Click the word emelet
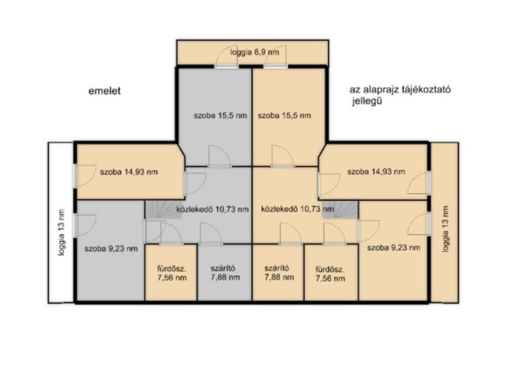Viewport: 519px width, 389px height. coord(105,92)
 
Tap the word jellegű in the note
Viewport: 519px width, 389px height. coord(367,104)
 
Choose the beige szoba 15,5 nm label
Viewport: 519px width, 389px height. coord(284,116)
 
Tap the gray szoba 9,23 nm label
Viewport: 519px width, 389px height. coord(111,248)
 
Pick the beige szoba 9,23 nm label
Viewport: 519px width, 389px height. coord(392,247)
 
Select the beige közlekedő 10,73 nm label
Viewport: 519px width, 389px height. coord(294,208)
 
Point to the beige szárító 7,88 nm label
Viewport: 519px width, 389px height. coord(277,272)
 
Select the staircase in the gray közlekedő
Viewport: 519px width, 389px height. coord(159,210)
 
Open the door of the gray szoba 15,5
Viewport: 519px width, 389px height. coord(220,156)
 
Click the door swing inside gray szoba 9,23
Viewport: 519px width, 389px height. coord(88,221)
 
